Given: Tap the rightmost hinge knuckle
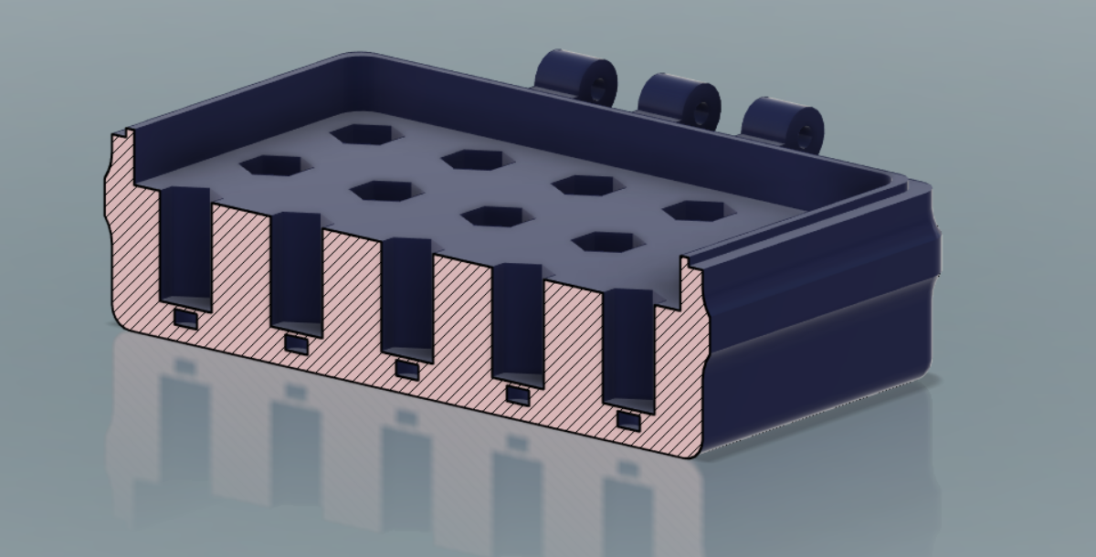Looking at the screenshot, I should pos(781,122).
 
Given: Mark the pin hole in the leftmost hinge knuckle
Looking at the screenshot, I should pos(598,87).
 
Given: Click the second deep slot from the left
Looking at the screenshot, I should pos(297,274).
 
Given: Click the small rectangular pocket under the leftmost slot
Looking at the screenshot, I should pos(185,319).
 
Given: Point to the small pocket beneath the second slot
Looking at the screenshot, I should pos(296,344).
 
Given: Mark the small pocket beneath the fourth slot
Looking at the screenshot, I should pos(518,395).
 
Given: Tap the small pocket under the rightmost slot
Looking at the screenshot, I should pos(628,421).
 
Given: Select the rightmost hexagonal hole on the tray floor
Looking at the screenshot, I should pos(700,210).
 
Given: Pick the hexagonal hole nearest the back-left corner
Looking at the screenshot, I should pos(366,133).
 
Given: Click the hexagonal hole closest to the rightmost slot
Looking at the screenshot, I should pos(603,243).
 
